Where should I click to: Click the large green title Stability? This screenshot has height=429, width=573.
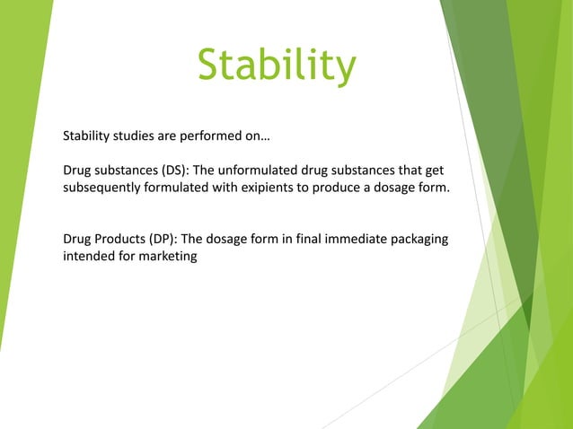click(x=277, y=68)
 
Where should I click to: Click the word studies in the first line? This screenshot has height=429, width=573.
click(x=135, y=137)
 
